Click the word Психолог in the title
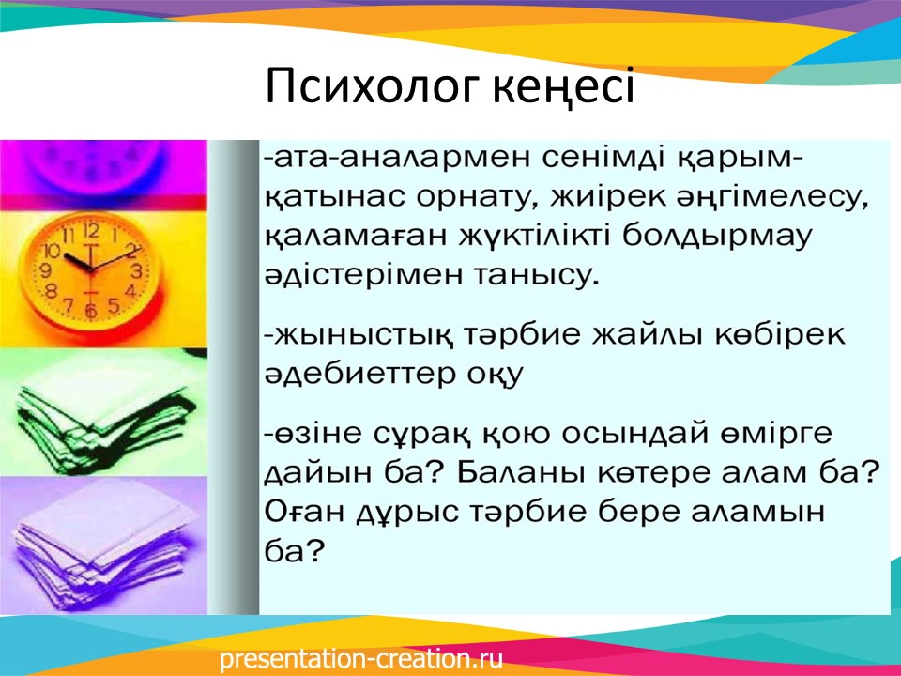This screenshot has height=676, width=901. click(x=372, y=86)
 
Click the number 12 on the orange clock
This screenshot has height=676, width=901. click(x=91, y=232)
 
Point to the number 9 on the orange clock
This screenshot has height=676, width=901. click(x=45, y=270)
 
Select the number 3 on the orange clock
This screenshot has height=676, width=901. click(x=136, y=270)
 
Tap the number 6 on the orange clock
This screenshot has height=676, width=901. click(x=91, y=311)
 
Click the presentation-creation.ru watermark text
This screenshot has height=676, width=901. click(x=361, y=659)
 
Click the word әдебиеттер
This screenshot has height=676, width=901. click(x=358, y=373)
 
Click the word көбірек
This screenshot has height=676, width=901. click(x=780, y=334)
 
